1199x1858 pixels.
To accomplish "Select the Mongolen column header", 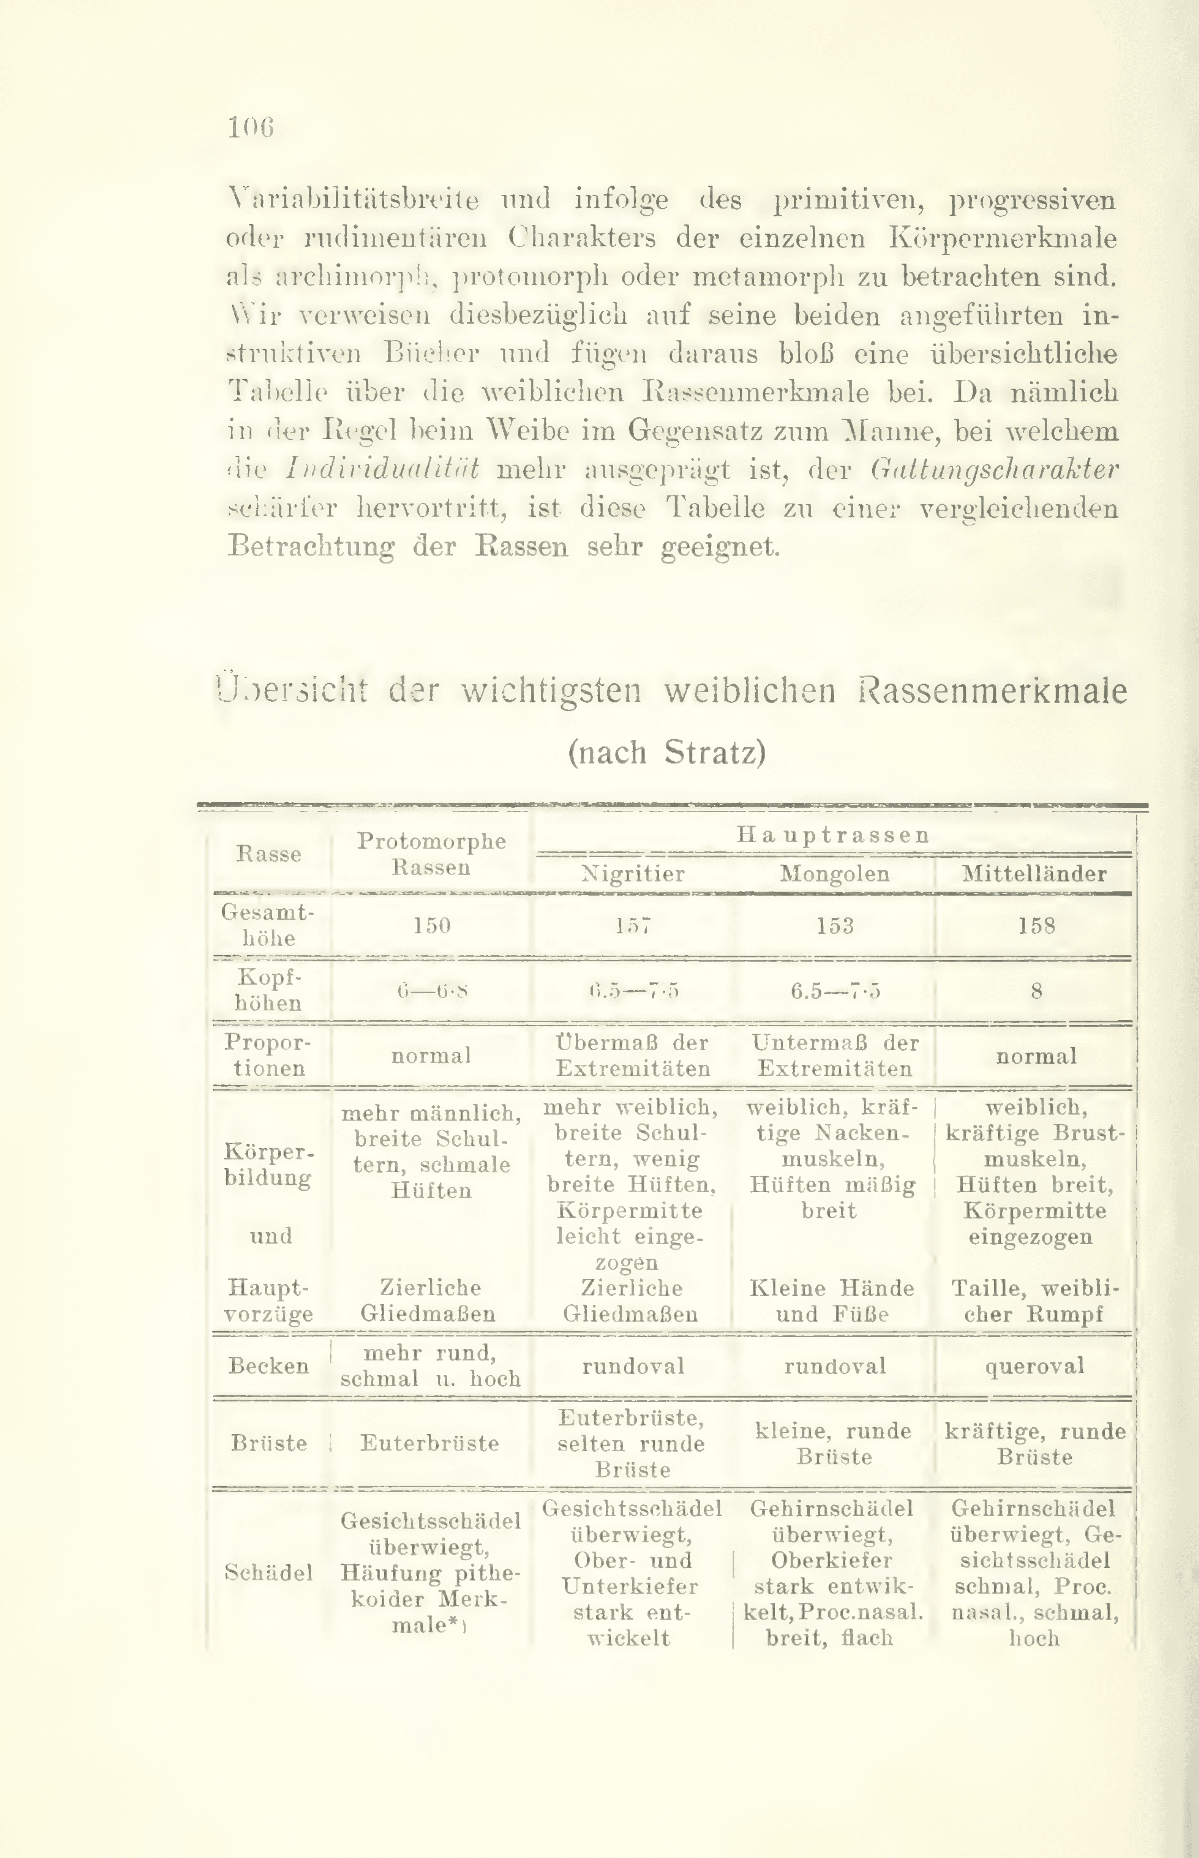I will [x=835, y=873].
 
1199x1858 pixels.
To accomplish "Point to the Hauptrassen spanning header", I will [x=833, y=835].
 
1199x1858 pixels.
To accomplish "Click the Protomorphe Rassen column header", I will [x=432, y=854].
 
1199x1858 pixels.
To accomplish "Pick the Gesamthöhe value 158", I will [x=1036, y=926].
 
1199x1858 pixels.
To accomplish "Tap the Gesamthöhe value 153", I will [x=835, y=926].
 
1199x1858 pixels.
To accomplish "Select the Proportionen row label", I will [x=269, y=1055].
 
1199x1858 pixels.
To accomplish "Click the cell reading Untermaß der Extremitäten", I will [x=835, y=1055].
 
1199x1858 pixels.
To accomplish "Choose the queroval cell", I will [x=1035, y=1366].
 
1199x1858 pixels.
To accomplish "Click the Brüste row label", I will [x=269, y=1443].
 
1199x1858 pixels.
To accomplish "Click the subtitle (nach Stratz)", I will [x=667, y=753].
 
